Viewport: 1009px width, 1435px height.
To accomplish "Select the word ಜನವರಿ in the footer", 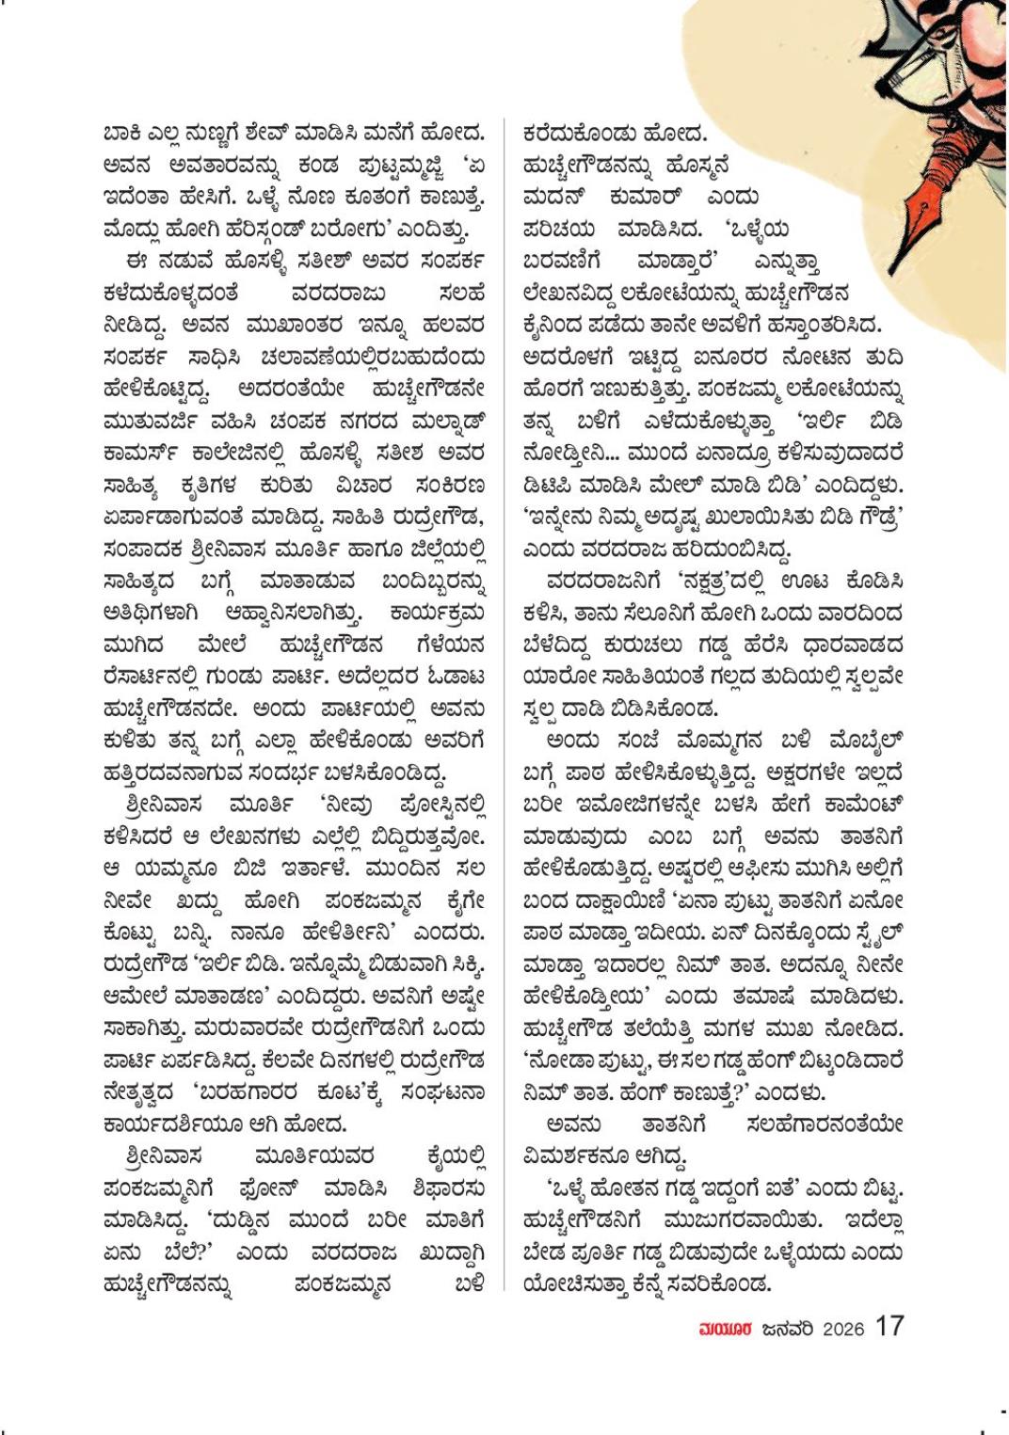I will (x=787, y=1329).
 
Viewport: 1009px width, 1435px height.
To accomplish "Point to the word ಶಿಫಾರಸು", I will (x=446, y=1188).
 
